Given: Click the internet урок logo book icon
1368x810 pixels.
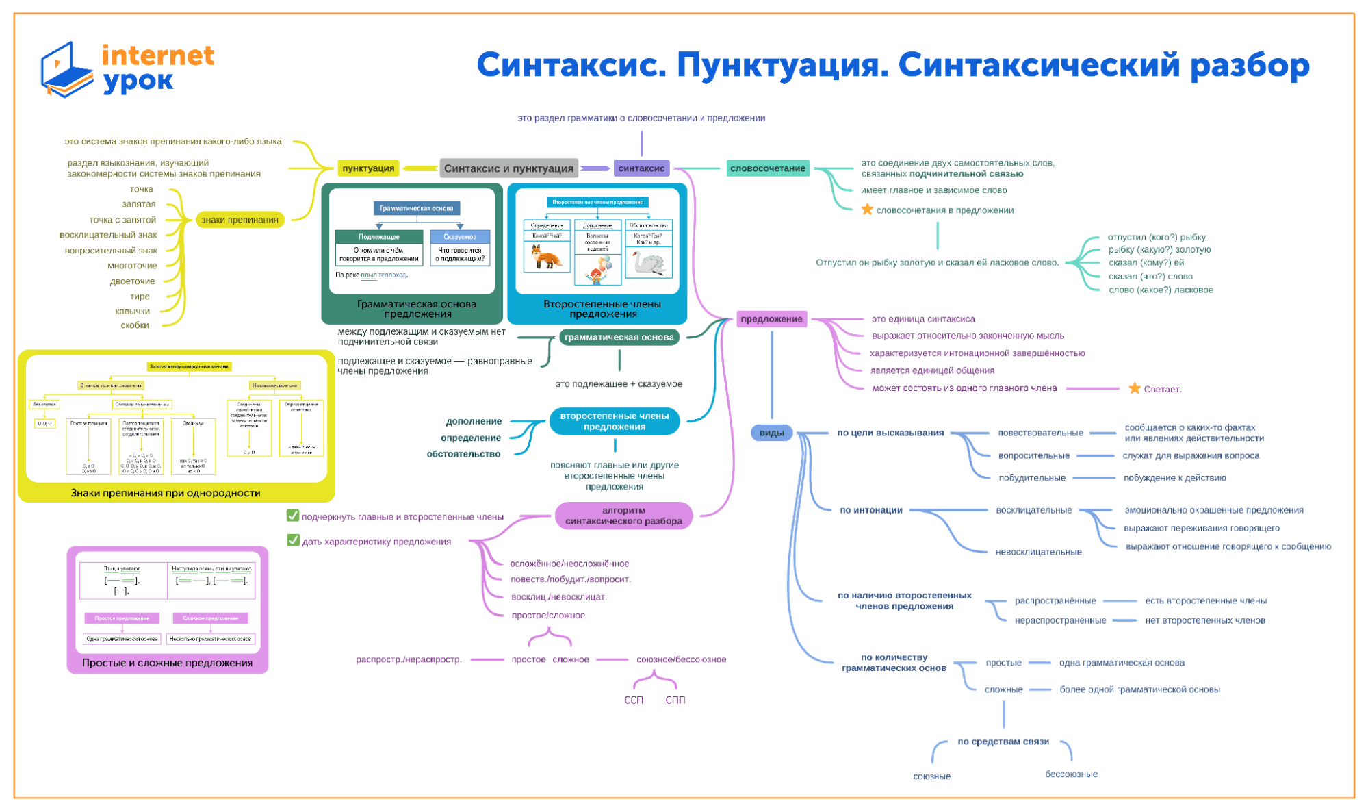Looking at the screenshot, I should (x=66, y=70).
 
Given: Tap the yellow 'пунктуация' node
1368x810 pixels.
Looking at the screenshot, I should (x=368, y=168).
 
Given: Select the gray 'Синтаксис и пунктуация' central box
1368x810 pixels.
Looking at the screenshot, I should (x=508, y=168).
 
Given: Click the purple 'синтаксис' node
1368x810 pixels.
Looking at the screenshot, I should (x=641, y=168).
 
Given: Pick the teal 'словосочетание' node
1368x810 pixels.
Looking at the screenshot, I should (x=767, y=168).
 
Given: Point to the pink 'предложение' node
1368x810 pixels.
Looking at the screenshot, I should (x=771, y=319).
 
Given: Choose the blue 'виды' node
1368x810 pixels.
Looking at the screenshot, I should (x=771, y=433).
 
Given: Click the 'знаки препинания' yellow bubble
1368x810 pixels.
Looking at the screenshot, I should (x=240, y=220).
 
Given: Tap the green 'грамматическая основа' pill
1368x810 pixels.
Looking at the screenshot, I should (x=619, y=337).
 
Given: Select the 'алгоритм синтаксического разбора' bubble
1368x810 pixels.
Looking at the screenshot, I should (x=623, y=516).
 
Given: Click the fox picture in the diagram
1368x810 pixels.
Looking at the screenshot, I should (x=546, y=258).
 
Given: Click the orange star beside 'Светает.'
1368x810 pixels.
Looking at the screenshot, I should (x=1134, y=388).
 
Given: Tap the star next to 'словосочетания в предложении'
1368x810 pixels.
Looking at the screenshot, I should (x=867, y=210).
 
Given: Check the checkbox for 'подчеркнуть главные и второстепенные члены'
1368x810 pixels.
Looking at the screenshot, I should (x=293, y=516).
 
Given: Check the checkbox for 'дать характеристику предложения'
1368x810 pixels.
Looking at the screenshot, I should (x=293, y=540).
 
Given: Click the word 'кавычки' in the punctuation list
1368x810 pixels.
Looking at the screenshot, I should (x=132, y=311).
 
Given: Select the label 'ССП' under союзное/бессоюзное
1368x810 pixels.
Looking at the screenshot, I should (x=634, y=700).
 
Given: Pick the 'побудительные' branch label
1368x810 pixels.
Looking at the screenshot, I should (x=1031, y=478).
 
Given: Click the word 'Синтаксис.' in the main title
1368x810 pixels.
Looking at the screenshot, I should (x=571, y=66).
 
